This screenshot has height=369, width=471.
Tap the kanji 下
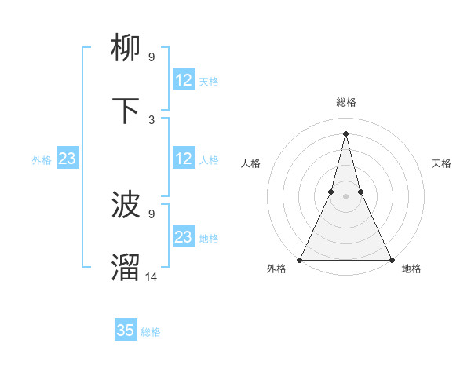126,111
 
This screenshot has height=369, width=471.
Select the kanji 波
126,206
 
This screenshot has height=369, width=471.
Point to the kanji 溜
126,268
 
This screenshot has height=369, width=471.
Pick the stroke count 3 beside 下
151,119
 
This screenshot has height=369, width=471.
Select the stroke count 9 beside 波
151,214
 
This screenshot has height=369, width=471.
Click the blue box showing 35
126,331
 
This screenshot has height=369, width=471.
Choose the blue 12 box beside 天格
184,80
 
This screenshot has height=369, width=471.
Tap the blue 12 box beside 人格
184,159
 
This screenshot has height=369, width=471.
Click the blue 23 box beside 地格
184,237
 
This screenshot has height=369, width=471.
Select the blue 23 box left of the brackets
68,159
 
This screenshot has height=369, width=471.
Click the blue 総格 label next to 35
151,332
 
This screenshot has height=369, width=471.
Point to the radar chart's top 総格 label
345,102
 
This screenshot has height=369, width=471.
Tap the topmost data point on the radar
345,133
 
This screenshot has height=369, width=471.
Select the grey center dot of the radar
345,196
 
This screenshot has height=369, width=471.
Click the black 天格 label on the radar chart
441,163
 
